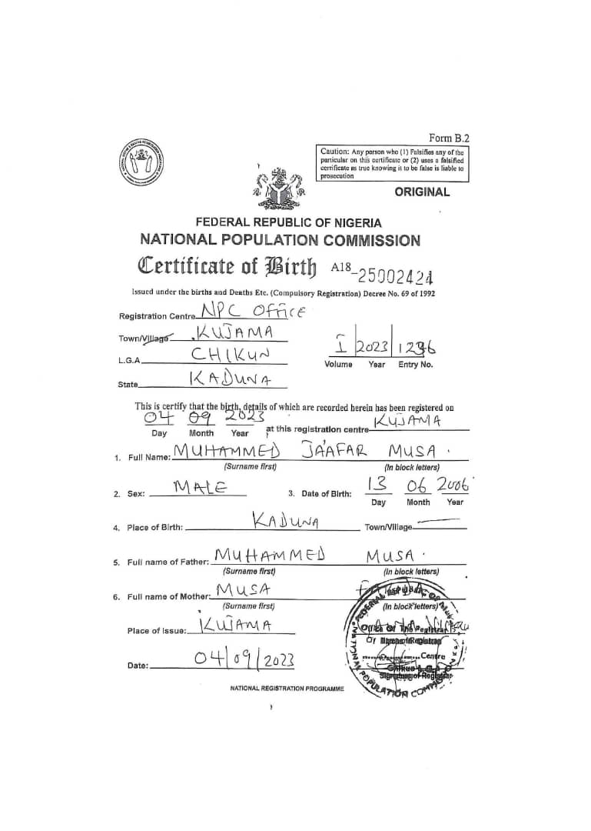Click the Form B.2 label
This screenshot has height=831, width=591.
tap(448, 138)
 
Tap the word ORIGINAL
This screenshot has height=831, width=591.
tap(422, 192)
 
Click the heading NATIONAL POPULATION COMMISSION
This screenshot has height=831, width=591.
tap(280, 240)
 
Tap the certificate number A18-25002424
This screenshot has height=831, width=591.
tap(381, 271)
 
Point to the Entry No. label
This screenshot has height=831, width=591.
tap(416, 364)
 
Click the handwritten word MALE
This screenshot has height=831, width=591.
tap(200, 487)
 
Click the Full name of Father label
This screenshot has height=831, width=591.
tap(167, 562)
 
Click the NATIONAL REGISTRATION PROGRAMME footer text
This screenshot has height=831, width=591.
tap(287, 688)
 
